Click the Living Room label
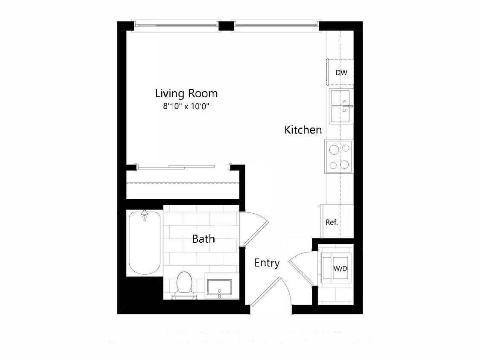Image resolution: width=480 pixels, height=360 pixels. click(186, 93)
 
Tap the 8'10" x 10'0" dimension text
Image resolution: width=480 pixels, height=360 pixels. click(186, 106)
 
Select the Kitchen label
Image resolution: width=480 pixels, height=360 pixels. click(303, 130)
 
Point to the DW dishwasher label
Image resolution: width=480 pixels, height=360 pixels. click(341, 73)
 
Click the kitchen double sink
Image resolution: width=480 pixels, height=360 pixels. click(340, 106)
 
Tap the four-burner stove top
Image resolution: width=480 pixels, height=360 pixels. click(339, 157)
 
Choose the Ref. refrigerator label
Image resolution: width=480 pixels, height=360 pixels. click(332, 222)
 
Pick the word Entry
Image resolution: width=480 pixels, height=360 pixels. click(267, 263)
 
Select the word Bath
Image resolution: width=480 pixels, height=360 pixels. click(204, 239)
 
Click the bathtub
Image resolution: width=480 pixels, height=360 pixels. click(144, 243)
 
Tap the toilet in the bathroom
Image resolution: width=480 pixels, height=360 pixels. click(184, 283)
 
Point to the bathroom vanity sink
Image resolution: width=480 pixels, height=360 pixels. click(219, 287)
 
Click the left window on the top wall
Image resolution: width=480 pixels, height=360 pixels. click(177, 25)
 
